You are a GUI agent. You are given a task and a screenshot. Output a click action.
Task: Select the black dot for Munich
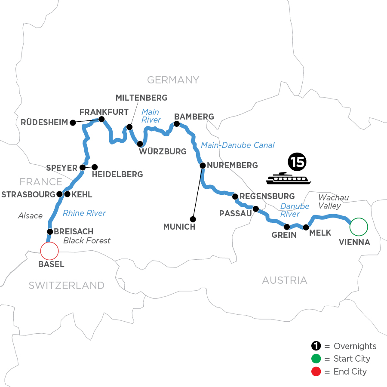[x=193, y=219]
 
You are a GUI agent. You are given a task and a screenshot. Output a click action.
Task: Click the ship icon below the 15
[x=288, y=178]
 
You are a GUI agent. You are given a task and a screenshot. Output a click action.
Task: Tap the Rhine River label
[x=84, y=212]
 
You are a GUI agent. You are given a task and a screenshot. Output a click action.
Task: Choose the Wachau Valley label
[x=333, y=201]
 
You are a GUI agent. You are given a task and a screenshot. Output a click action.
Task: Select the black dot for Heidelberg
[x=95, y=167]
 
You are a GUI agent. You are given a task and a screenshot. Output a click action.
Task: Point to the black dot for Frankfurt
[x=101, y=119]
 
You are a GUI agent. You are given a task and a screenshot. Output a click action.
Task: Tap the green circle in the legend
[x=316, y=359]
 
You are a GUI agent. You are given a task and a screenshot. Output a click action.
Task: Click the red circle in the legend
[x=316, y=371]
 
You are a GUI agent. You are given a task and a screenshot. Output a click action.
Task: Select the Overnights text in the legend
[x=355, y=346]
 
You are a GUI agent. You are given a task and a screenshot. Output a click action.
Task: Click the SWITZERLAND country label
[x=67, y=285]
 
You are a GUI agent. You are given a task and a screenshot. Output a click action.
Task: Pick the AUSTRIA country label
[x=285, y=281]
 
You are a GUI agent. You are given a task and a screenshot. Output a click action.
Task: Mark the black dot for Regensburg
[x=235, y=197]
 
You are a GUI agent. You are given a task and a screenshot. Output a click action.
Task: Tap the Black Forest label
[x=87, y=240]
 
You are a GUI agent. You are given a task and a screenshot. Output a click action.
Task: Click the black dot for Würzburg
[x=140, y=144]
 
